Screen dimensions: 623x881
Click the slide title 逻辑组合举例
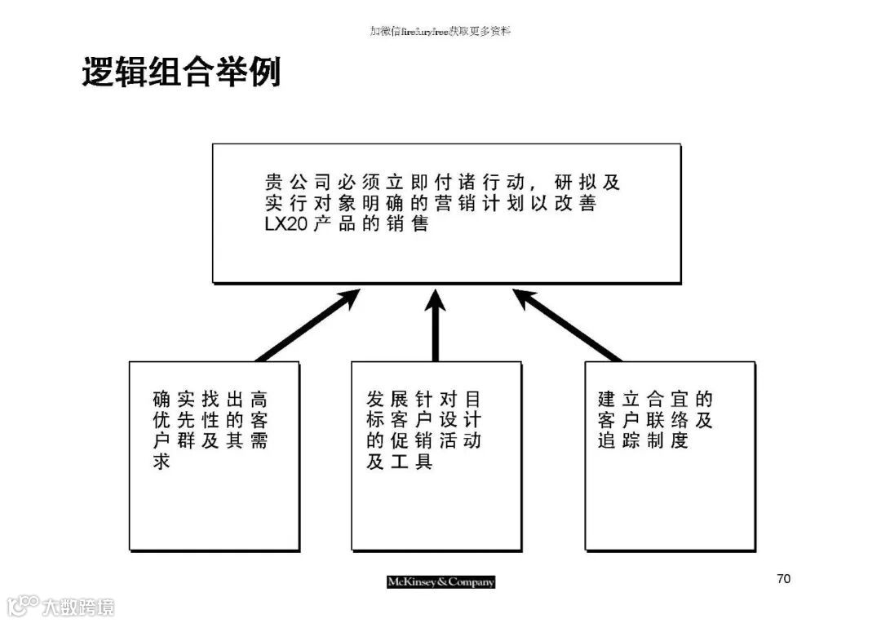click(x=181, y=73)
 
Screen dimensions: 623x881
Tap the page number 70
click(x=783, y=579)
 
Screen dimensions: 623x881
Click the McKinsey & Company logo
click(x=440, y=581)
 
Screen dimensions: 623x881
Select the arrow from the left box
click(x=308, y=325)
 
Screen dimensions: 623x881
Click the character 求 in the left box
click(x=162, y=462)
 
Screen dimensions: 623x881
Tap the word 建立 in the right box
click(x=618, y=399)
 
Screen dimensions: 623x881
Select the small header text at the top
click(x=440, y=31)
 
